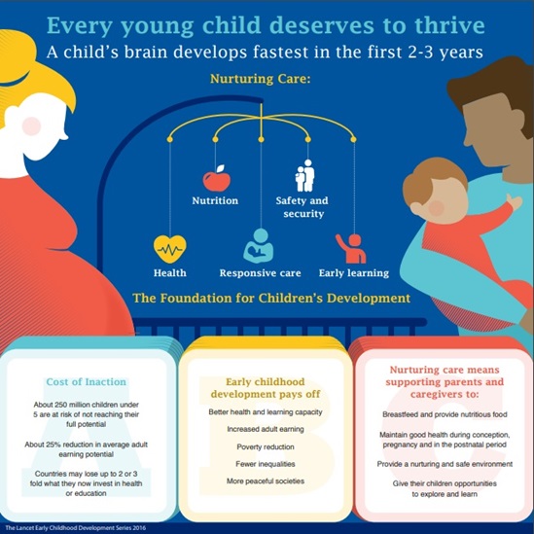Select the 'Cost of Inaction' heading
tap(86, 381)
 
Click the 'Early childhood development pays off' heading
tap(266, 390)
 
